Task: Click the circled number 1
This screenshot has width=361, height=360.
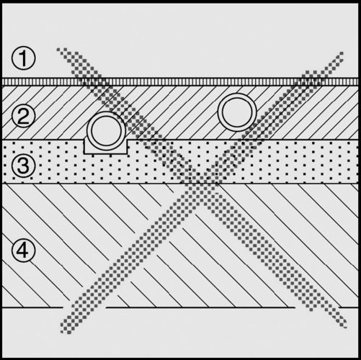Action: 23,58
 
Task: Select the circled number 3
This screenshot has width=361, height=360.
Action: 23,166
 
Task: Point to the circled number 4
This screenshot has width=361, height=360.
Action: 23,251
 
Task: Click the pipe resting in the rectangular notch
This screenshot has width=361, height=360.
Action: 107,131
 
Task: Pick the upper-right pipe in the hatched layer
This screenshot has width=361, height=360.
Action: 237,112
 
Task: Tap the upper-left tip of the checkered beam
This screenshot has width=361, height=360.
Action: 58,50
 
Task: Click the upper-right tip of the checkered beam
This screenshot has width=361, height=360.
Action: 342,53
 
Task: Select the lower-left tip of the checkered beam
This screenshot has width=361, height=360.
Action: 63,331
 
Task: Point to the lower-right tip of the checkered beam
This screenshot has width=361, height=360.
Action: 345,325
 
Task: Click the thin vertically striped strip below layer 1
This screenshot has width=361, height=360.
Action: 180,81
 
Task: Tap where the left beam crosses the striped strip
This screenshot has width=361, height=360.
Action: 93,81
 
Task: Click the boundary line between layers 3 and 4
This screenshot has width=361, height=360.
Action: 180,184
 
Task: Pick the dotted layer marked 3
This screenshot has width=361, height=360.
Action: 180,162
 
